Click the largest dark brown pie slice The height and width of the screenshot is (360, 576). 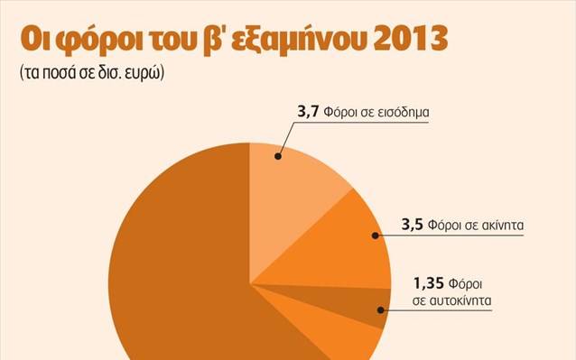(x=163, y=271)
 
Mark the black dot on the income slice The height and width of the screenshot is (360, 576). (x=278, y=157)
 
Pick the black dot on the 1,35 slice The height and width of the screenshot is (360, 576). (x=380, y=309)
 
